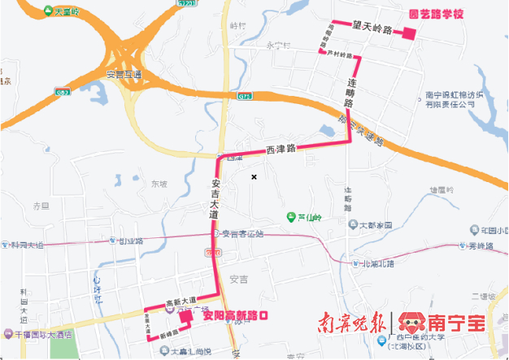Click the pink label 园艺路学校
click(x=435, y=15)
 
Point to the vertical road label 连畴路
click(x=350, y=93)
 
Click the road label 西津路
click(x=281, y=150)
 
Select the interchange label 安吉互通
click(x=124, y=75)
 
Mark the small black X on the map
click(x=254, y=176)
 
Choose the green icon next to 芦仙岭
click(x=290, y=217)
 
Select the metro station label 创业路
click(x=130, y=241)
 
